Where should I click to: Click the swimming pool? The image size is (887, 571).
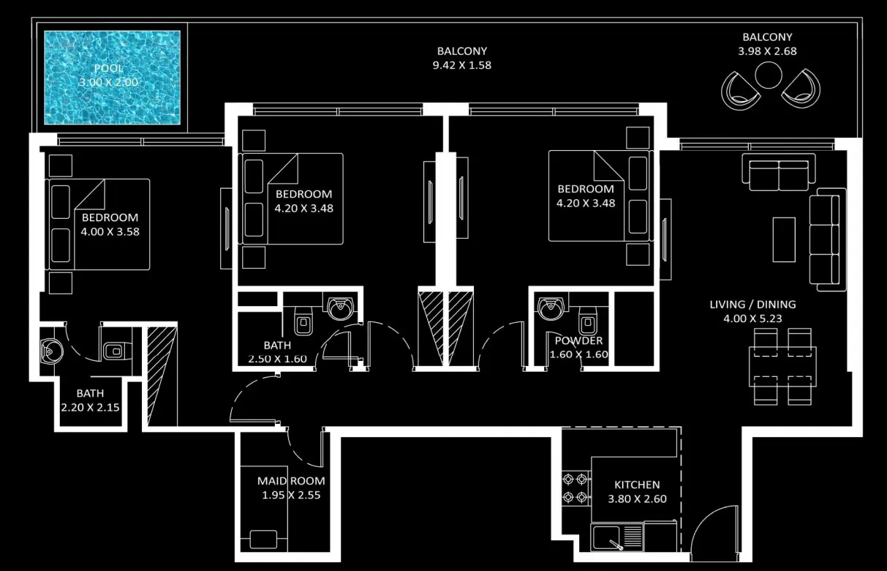pos(112,77)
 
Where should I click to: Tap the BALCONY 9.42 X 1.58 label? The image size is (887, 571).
pos(461,51)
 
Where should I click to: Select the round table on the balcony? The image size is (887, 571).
pos(767,75)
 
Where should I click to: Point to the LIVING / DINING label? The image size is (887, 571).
pos(752,305)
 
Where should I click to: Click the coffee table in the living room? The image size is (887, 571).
pos(784,239)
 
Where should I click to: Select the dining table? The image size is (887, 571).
pos(782,367)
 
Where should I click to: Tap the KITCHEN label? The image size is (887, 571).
pos(636,485)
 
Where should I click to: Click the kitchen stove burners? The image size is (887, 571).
pos(575,489)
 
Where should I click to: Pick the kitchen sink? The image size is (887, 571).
pos(608,538)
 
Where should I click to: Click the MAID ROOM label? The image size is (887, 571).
pos(291,481)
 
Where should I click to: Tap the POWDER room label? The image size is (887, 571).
pos(578,341)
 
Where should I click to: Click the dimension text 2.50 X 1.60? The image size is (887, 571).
pos(277,359)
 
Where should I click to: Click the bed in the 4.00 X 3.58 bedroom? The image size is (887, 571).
pos(98,224)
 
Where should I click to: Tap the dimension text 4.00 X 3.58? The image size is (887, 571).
pos(110,232)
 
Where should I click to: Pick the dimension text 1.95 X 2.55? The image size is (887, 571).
pos(291,495)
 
